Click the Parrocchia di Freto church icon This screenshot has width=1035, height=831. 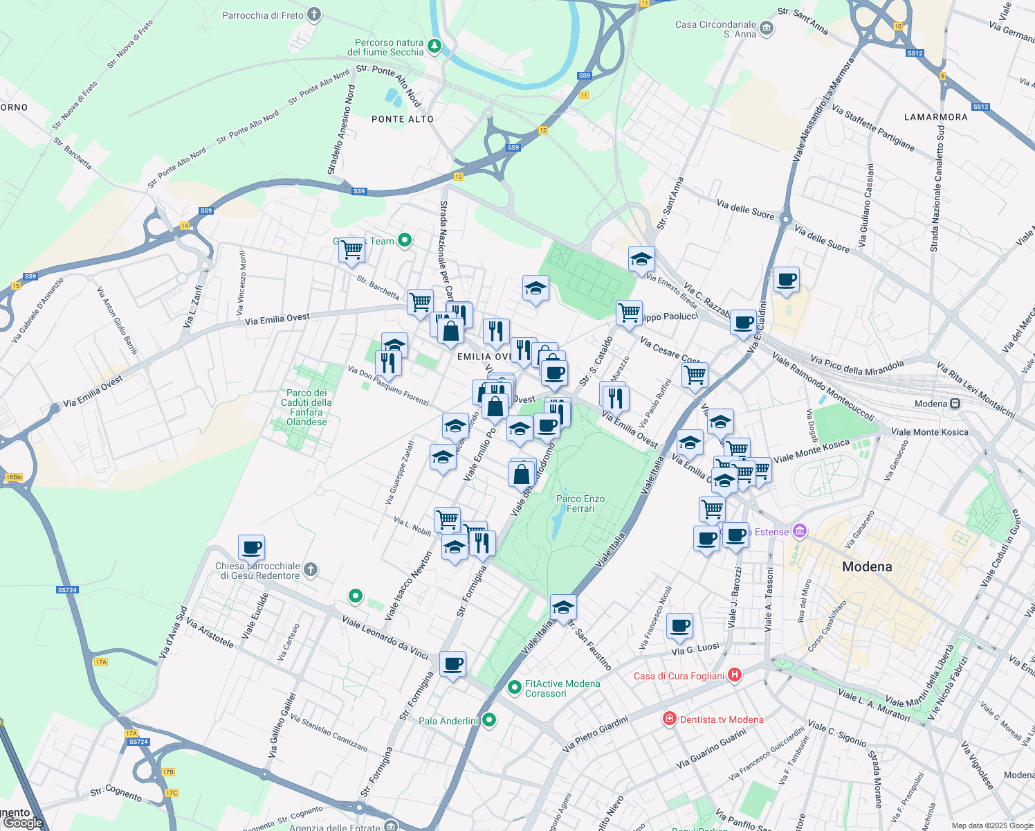tap(314, 15)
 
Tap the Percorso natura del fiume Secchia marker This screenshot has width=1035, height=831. tap(434, 46)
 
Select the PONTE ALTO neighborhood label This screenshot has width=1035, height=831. tap(403, 119)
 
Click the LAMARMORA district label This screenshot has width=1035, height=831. tap(936, 117)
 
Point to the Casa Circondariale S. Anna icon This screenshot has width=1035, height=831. tap(766, 28)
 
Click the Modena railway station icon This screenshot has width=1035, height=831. tap(955, 404)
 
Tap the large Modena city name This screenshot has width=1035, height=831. tap(867, 566)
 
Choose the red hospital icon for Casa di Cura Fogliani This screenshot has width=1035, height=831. tap(735, 675)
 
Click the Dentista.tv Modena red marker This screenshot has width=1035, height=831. tap(669, 719)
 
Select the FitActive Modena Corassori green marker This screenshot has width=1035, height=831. tap(514, 688)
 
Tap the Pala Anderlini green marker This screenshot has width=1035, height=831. tap(489, 720)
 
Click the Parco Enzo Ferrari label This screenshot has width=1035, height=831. tap(580, 503)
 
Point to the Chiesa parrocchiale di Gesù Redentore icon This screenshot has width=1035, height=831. tap(311, 570)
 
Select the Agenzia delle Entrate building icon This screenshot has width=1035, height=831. tap(391, 826)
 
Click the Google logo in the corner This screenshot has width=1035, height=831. tap(23, 823)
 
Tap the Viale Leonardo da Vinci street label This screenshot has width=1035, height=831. tap(385, 637)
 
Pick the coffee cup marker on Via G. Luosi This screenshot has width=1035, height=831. tap(680, 625)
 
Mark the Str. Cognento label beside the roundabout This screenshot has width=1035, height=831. tap(116, 793)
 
